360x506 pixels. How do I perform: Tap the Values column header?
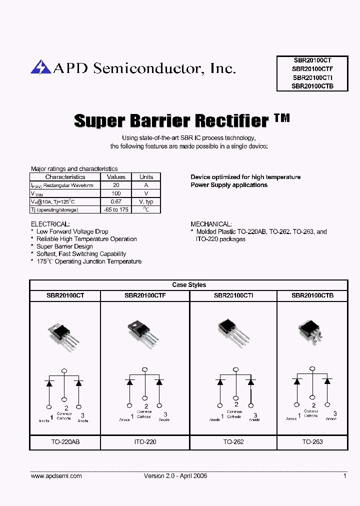click(116, 177)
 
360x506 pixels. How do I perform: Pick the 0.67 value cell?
click(116, 201)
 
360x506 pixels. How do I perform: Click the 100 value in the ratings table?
click(116, 193)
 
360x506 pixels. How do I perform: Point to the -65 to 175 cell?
click(116, 209)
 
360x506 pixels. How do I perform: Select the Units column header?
click(146, 177)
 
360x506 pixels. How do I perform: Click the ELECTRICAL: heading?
click(50, 224)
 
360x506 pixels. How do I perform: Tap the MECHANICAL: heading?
click(211, 224)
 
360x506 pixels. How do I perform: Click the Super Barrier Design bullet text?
click(64, 246)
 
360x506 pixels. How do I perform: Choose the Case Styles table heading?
click(189, 285)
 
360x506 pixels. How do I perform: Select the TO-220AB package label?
click(65, 442)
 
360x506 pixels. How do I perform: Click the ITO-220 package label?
click(145, 442)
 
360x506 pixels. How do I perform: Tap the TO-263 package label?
click(312, 442)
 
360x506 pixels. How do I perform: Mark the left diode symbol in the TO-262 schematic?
click(220, 382)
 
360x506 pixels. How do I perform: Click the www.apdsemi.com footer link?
click(56, 476)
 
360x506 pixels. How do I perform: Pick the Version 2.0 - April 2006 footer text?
click(175, 476)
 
